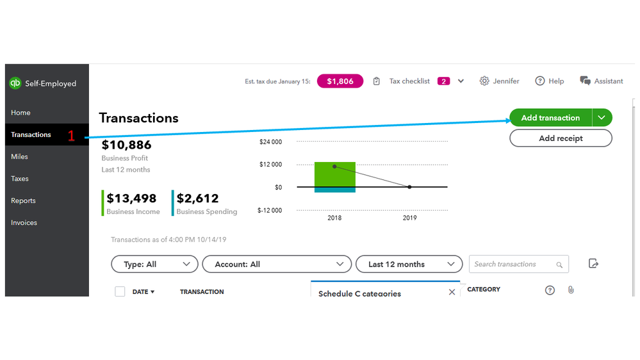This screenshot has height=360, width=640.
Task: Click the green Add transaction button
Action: click(550, 118)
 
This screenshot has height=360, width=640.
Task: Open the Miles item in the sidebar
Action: click(20, 157)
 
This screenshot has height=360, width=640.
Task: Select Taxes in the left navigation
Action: click(20, 179)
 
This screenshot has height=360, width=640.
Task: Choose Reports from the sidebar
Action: click(24, 200)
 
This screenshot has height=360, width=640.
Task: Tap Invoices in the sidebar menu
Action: click(24, 223)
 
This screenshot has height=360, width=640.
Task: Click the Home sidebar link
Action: click(21, 113)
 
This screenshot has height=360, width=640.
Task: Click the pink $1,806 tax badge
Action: click(340, 81)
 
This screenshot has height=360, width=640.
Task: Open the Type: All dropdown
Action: click(154, 265)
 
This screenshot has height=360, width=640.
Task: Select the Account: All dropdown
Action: click(277, 265)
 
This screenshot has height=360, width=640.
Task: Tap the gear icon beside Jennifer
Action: click(484, 81)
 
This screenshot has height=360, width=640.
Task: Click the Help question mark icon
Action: click(540, 81)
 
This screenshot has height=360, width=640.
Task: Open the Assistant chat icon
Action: click(585, 81)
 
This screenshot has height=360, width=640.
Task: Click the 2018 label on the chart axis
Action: click(334, 218)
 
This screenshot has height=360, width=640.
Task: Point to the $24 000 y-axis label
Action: click(270, 142)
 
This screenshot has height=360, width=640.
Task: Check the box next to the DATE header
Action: click(120, 291)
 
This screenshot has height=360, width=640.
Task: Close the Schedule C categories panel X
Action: click(452, 292)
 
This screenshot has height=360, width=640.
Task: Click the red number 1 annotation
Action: click(72, 136)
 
